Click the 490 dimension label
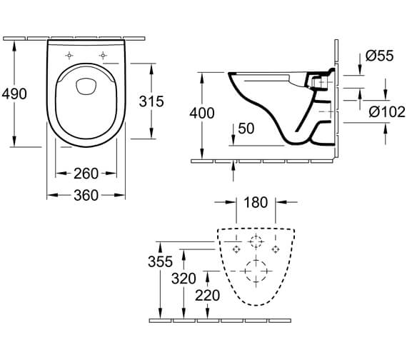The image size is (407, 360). (15, 94)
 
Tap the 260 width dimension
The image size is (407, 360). (86, 173)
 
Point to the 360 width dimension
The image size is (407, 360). (86, 194)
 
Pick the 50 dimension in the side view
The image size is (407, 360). (245, 128)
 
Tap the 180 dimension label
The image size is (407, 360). (255, 203)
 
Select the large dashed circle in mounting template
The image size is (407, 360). (256, 271)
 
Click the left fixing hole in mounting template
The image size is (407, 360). (236, 248)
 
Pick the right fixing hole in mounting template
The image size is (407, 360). (275, 248)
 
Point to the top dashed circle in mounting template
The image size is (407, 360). (256, 240)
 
